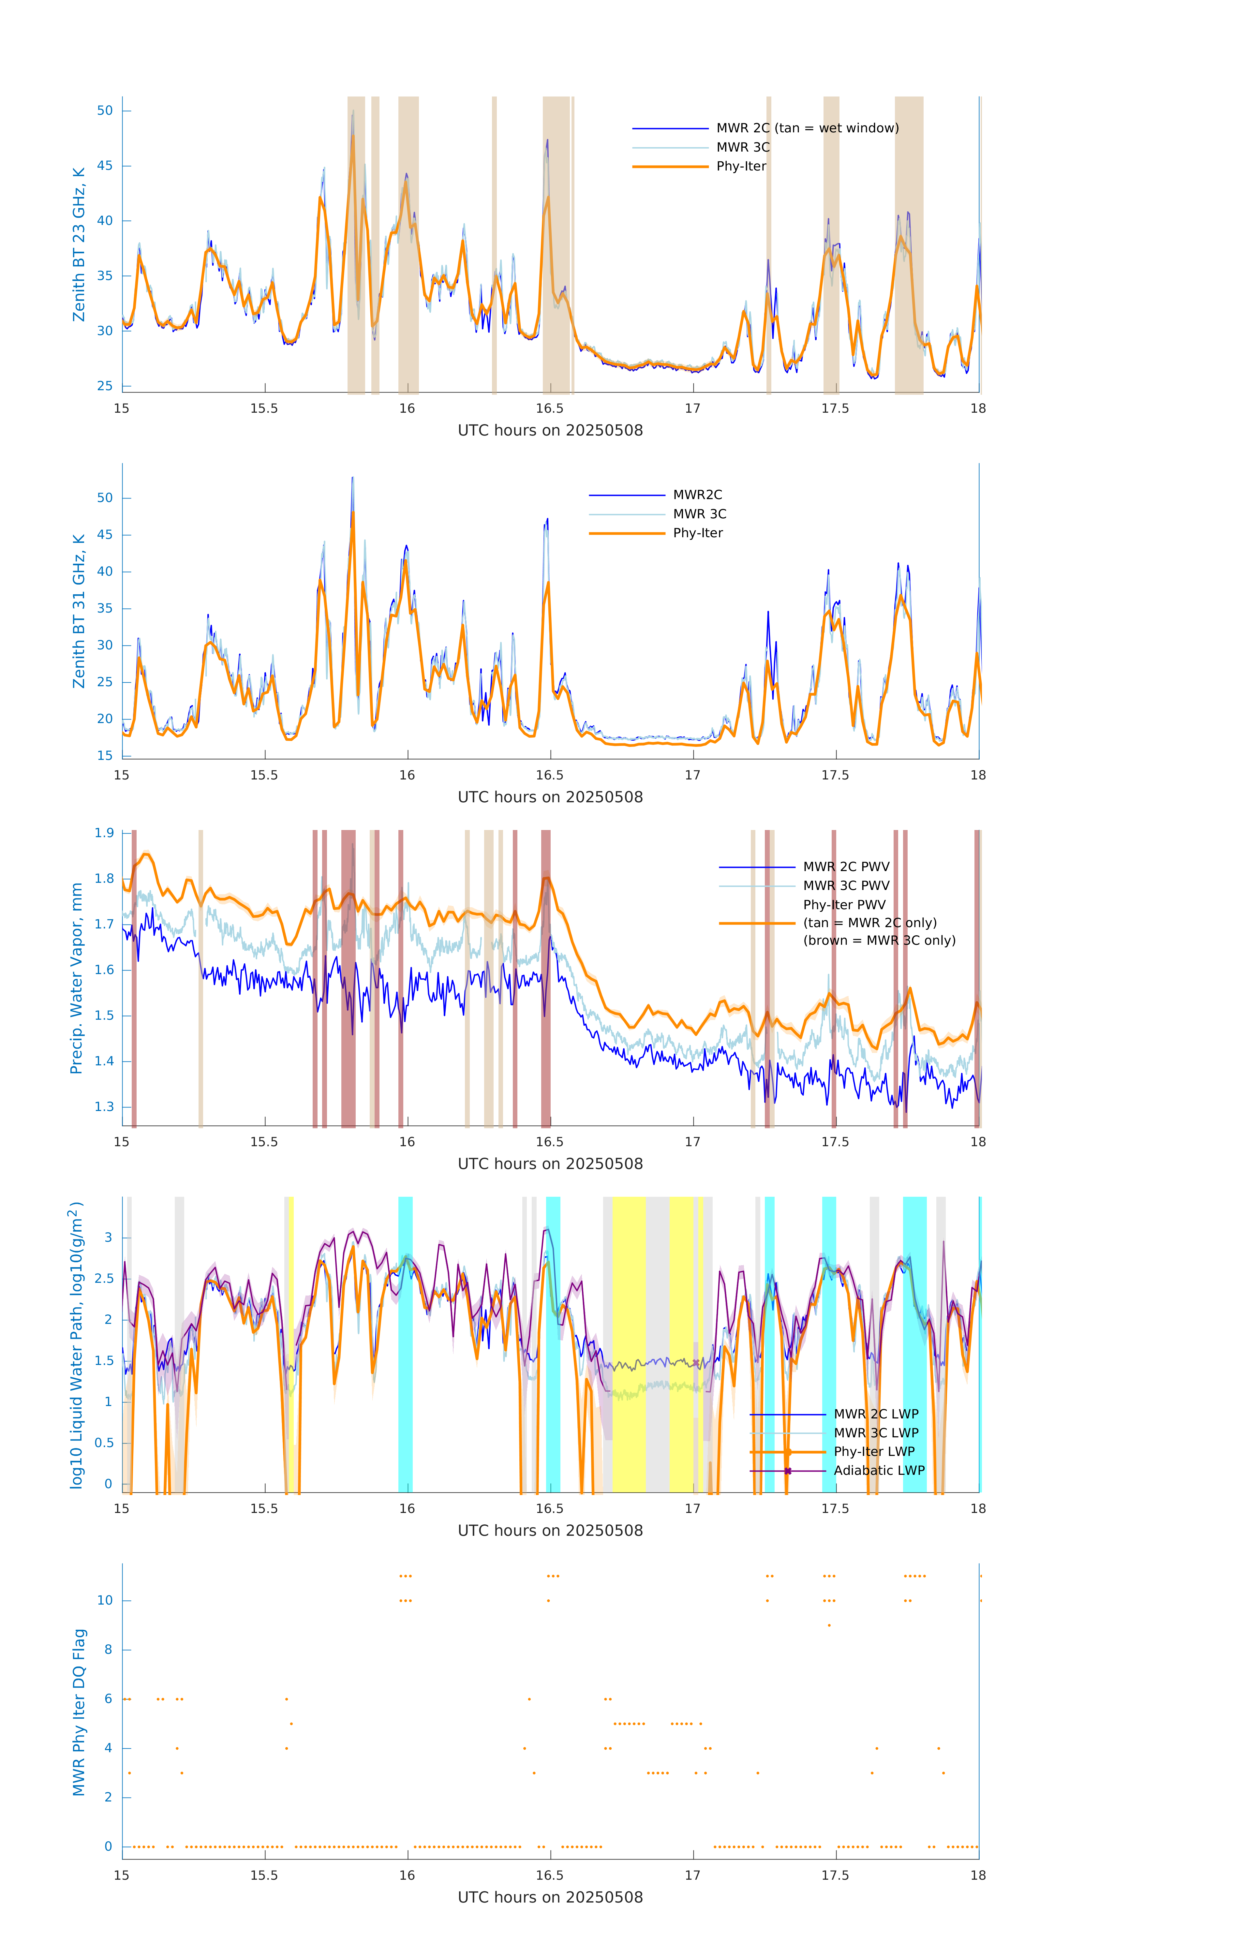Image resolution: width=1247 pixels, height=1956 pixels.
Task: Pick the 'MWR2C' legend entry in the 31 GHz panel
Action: tap(697, 495)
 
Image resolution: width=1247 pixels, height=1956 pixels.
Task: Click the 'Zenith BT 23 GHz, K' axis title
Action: tap(79, 244)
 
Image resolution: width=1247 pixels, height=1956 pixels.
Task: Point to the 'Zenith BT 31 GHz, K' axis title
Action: tap(79, 611)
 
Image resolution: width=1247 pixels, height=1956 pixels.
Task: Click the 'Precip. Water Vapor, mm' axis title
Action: tap(76, 978)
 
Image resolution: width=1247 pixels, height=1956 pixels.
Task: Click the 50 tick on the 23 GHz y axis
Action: tap(105, 111)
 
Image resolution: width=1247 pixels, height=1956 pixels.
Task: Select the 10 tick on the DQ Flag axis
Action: tap(105, 1600)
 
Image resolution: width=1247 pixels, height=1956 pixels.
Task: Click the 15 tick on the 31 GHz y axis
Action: tap(105, 755)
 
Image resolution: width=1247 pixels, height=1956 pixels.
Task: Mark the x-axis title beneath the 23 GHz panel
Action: tap(550, 431)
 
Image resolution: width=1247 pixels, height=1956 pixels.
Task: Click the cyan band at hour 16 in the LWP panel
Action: tap(405, 1344)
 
